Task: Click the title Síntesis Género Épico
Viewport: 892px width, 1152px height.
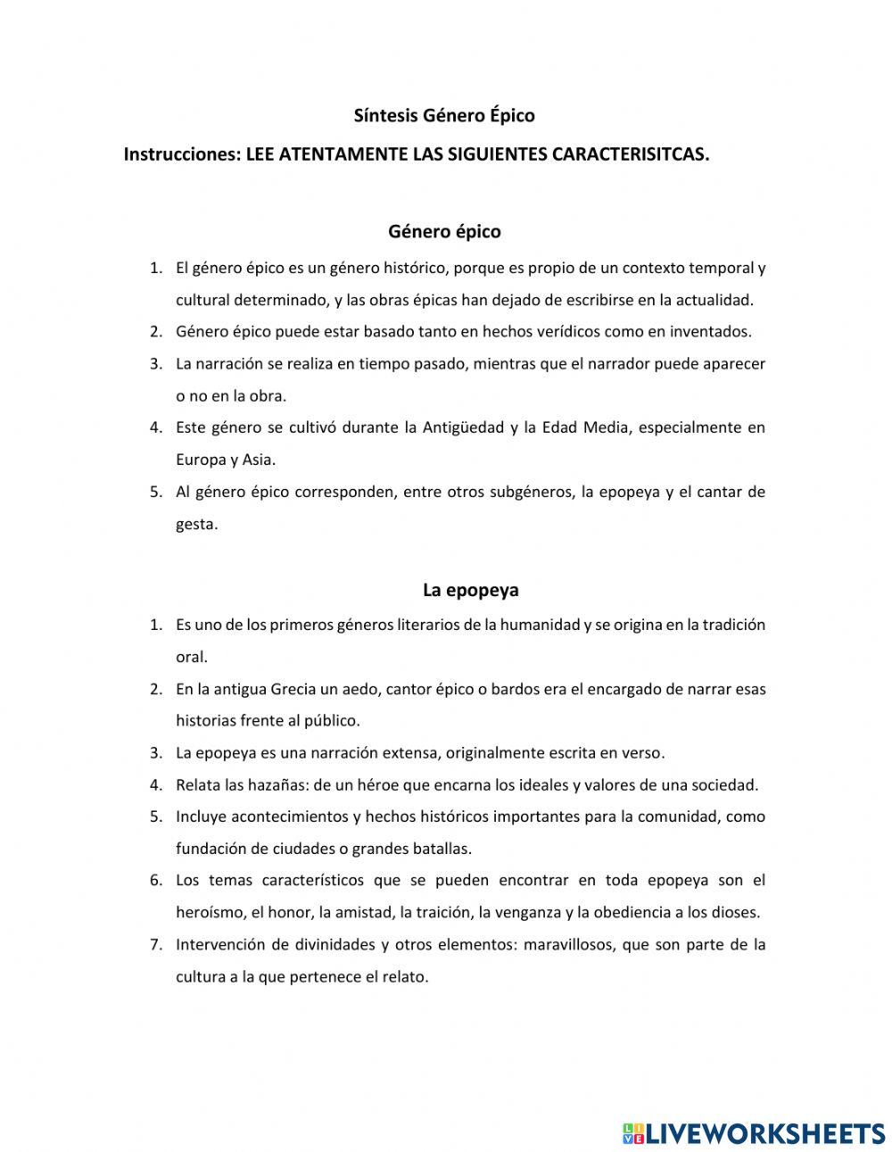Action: tap(444, 115)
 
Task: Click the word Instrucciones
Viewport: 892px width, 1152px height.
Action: tap(182, 154)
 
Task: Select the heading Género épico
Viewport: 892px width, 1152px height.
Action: tap(444, 231)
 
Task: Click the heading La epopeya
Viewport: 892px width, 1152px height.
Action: tap(471, 590)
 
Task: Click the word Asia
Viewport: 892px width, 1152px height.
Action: tap(259, 460)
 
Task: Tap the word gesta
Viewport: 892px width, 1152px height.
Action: tap(196, 525)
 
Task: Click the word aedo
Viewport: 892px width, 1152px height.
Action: tap(361, 689)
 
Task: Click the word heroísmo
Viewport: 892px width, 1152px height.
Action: tap(209, 912)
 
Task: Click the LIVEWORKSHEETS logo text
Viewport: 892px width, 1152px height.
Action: tap(764, 1133)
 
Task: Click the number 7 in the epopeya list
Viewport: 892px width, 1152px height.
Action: tap(155, 944)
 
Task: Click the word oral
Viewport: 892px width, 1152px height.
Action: tap(191, 657)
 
